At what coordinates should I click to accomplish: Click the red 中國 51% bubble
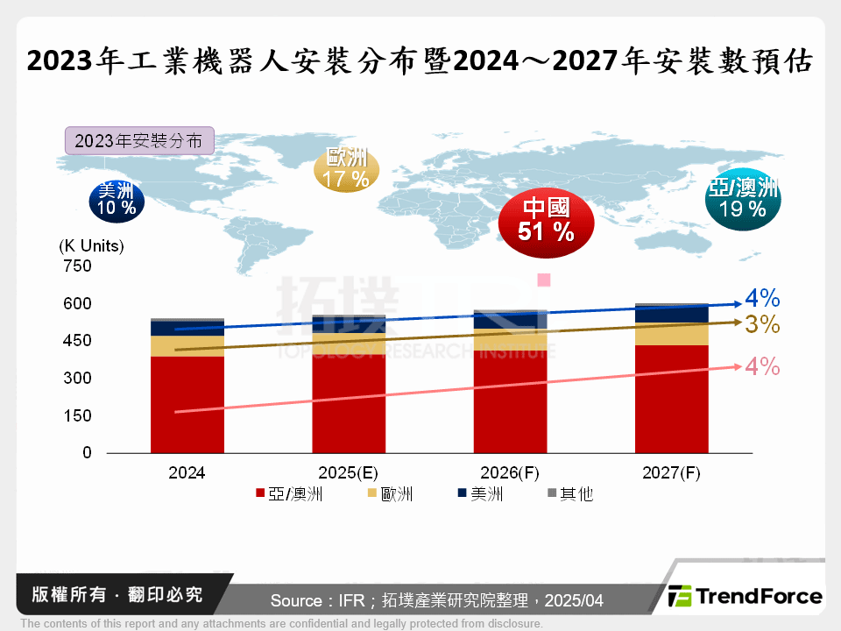click(x=546, y=220)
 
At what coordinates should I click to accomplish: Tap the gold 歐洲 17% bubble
click(x=346, y=169)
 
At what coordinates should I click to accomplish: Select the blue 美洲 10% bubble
click(x=117, y=200)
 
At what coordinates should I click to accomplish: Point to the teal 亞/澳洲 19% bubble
click(x=743, y=199)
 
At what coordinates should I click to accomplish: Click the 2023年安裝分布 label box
click(x=138, y=141)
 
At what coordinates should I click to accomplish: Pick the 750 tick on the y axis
click(x=77, y=266)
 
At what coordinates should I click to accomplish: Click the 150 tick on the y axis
click(x=77, y=415)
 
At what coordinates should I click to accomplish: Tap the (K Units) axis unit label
click(x=91, y=246)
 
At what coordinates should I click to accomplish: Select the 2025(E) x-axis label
click(x=349, y=472)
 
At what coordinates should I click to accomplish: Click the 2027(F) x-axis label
click(x=671, y=472)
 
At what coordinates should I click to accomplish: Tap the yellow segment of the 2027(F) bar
click(x=671, y=334)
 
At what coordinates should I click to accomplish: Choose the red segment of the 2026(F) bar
click(x=510, y=403)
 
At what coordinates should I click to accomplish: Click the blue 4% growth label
click(x=762, y=298)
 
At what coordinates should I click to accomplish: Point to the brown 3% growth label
click(x=762, y=325)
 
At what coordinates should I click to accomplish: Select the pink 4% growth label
click(x=762, y=367)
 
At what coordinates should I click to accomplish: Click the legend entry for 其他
click(x=569, y=494)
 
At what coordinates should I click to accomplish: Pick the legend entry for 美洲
click(x=478, y=494)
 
